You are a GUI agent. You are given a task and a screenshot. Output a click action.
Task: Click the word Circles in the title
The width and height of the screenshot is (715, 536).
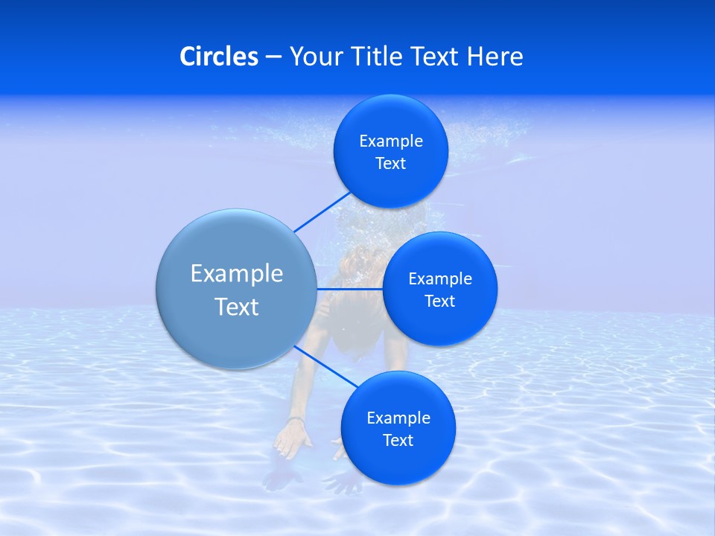218,56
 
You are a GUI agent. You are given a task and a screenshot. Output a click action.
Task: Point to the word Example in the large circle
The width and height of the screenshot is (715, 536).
237,273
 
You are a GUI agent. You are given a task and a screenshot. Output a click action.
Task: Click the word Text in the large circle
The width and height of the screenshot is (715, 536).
237,307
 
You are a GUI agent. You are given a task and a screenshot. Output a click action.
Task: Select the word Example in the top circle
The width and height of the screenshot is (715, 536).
391,141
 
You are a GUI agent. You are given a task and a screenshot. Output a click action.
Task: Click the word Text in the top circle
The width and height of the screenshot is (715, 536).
391,163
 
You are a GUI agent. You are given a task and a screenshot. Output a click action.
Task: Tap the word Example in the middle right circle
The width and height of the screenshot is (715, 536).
440,278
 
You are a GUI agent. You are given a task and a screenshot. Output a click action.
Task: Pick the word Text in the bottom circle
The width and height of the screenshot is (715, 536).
398,440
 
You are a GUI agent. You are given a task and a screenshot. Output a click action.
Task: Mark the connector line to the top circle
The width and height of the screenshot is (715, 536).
322,211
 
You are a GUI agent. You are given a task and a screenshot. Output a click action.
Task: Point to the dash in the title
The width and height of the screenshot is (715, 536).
273,57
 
